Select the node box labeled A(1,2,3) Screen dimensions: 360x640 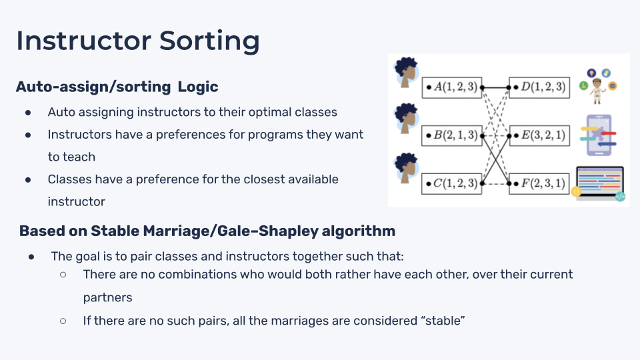point(451,87)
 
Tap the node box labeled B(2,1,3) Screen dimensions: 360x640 point(451,135)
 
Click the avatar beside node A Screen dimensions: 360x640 point(405,73)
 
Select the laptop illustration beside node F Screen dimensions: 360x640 point(599,183)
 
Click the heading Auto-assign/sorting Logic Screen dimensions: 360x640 point(117,87)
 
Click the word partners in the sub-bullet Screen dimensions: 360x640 point(108,297)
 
